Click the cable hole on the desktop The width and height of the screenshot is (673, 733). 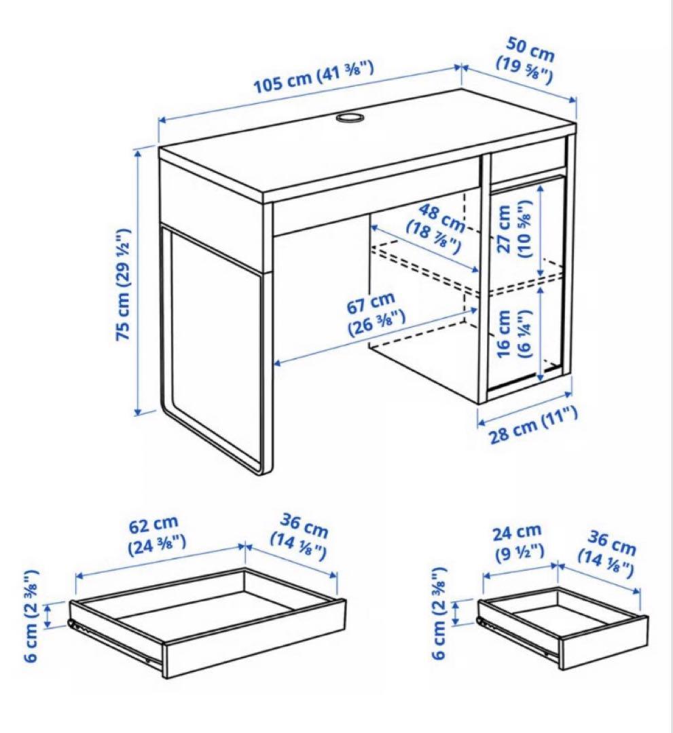tap(349, 119)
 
